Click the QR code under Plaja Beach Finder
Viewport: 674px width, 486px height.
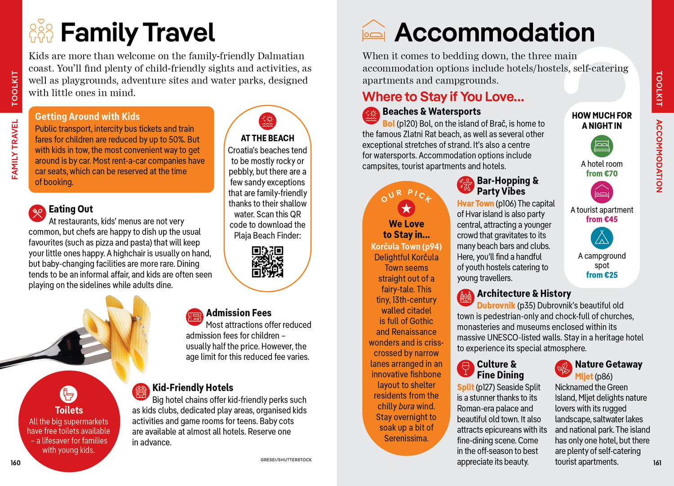(267, 261)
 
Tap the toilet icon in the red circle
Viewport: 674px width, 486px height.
(69, 394)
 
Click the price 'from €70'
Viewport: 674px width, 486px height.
(602, 174)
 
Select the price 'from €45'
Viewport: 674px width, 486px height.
(602, 220)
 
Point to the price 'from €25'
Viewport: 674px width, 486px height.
(602, 275)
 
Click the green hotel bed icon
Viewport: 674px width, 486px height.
(602, 146)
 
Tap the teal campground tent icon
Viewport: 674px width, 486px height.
(602, 238)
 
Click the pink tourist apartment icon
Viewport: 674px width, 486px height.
(602, 192)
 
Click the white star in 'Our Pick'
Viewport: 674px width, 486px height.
(406, 208)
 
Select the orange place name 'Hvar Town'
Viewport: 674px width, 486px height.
(475, 204)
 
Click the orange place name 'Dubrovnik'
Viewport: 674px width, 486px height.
(496, 305)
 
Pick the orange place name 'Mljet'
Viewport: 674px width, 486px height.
(584, 376)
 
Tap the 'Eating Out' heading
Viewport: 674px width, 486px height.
(71, 209)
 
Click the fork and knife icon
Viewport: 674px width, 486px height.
(37, 213)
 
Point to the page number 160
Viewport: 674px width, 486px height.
(16, 463)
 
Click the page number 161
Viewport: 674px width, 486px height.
(657, 463)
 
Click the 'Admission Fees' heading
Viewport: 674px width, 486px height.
(239, 313)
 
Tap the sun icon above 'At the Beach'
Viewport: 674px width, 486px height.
(267, 121)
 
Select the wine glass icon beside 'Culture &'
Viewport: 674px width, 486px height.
(466, 368)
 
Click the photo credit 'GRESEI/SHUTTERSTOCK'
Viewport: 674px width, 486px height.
(286, 460)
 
